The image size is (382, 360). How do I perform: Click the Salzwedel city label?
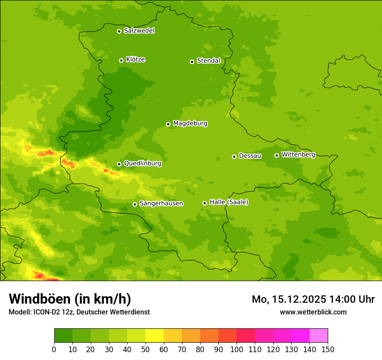pos(139,31)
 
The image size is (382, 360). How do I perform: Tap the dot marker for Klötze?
pos(121,60)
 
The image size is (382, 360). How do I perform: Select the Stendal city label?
pos(208,61)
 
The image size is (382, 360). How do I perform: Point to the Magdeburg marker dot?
pos(168,124)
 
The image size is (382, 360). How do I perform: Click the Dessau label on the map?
pos(250,156)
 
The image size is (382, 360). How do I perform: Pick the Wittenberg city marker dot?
pos(277,155)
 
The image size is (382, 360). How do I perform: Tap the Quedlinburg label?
pos(142,164)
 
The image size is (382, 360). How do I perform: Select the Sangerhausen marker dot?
pos(135,204)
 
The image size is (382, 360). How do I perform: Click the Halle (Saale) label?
pos(229,202)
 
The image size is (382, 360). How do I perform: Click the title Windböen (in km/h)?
pos(70,299)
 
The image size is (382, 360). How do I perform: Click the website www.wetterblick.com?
pos(313,312)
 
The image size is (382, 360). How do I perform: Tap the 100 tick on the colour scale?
pos(237,349)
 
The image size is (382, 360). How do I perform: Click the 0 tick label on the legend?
pos(54,349)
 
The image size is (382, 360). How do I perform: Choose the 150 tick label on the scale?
pos(328,349)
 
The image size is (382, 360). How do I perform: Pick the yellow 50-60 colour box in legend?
pos(155,336)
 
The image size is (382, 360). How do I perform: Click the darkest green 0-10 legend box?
pos(63,336)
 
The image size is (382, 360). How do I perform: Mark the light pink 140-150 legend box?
pos(319,336)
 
